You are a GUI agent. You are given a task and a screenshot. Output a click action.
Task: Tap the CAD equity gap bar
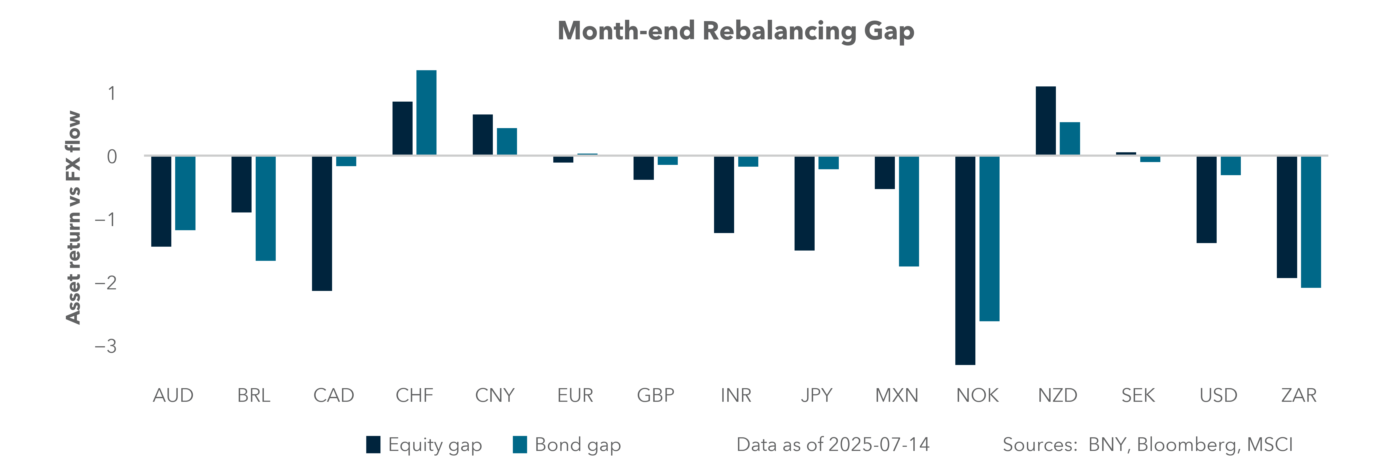point(322,223)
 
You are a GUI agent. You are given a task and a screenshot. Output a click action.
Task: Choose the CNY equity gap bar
point(483,135)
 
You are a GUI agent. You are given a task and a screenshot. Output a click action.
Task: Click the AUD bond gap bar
point(185,193)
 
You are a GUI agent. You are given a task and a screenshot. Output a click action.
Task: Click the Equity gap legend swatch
point(373,445)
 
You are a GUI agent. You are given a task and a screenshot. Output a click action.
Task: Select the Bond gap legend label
point(577,445)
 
